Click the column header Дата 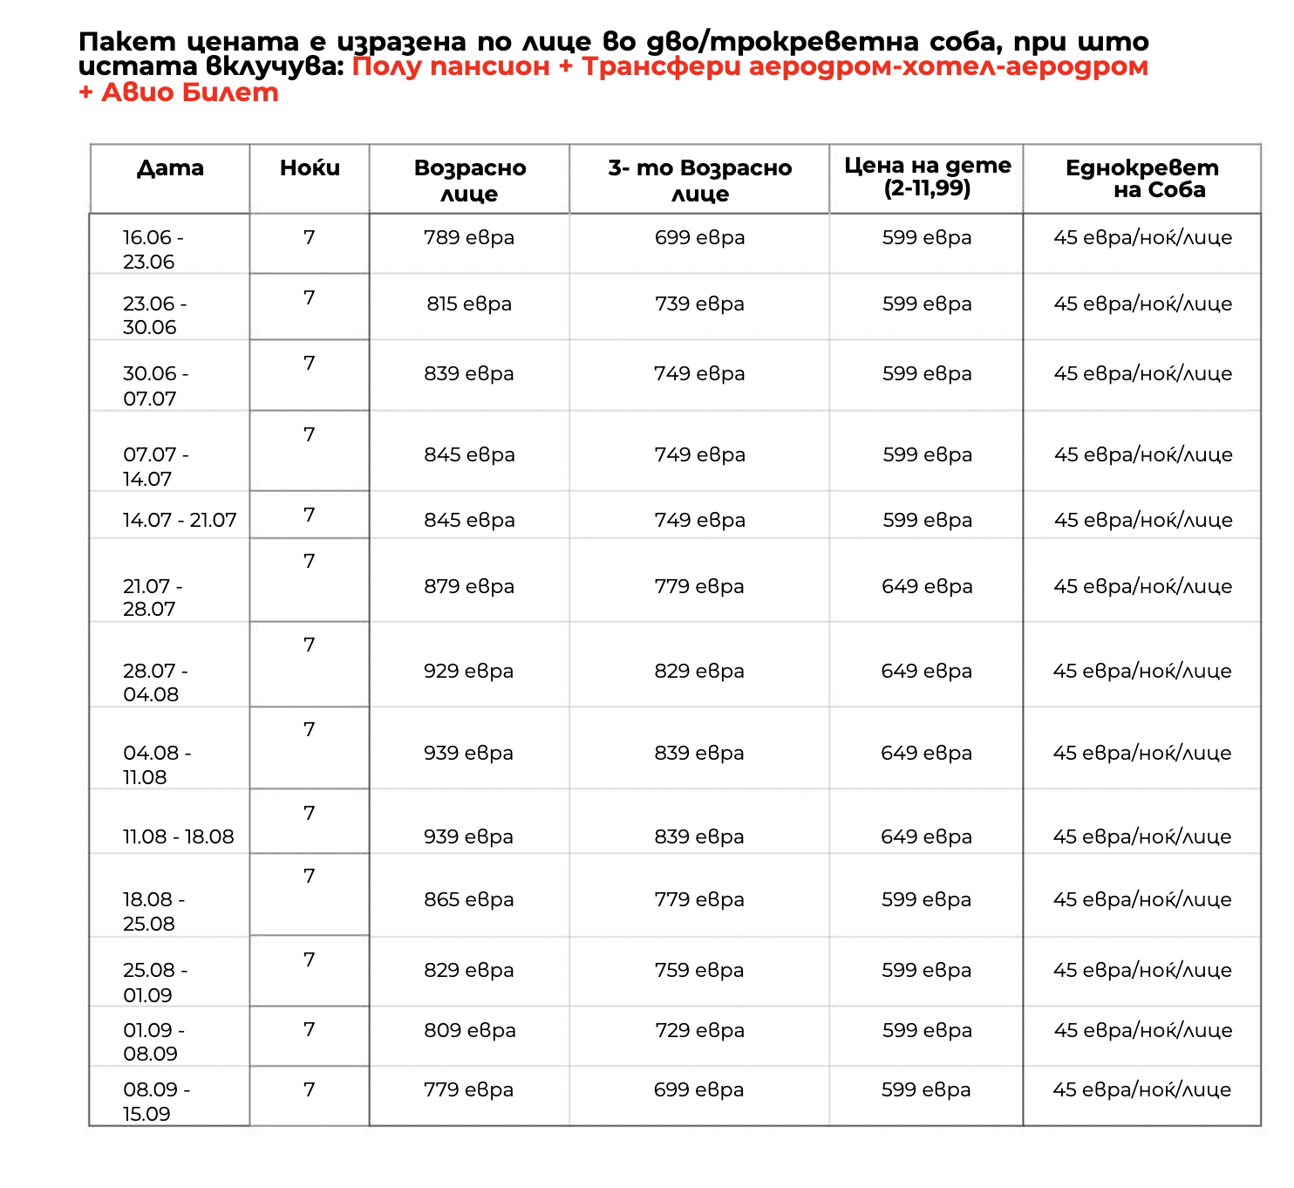[x=170, y=168]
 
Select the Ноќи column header [x=310, y=168]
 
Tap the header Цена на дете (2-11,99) [x=927, y=176]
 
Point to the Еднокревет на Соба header [x=1141, y=179]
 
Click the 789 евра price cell [x=468, y=237]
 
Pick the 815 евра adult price [x=468, y=304]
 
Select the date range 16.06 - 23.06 [x=153, y=249]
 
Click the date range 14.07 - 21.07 [x=180, y=520]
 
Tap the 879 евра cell [x=469, y=586]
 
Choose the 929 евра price [x=468, y=671]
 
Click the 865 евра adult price [x=468, y=899]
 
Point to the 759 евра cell [x=699, y=970]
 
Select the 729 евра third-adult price [x=699, y=1030]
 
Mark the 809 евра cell [x=469, y=1030]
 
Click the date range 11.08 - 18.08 [x=178, y=836]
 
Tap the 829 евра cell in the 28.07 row [x=699, y=671]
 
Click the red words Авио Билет [x=189, y=92]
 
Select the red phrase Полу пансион [x=451, y=67]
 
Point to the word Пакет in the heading [x=126, y=42]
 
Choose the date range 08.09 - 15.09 [x=155, y=1102]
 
